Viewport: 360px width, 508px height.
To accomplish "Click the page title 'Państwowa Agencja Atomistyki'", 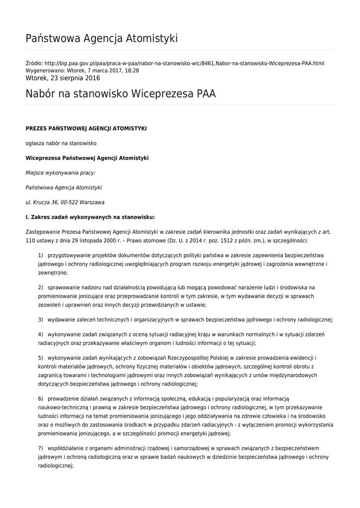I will [x=101, y=38].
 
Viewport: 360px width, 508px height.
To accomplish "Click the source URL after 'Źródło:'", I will [x=184, y=64].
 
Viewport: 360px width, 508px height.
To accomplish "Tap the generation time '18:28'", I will [x=132, y=71].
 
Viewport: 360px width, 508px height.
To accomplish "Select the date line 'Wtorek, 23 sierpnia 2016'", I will [x=63, y=78].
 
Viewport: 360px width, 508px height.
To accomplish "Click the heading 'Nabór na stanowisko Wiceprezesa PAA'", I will [x=121, y=94].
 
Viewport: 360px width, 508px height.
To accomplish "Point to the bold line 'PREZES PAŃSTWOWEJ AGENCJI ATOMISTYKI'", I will [x=86, y=128].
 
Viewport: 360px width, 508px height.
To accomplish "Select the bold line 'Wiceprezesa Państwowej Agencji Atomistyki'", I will [x=87, y=158].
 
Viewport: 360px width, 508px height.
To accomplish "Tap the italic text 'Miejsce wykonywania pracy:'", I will [x=60, y=173].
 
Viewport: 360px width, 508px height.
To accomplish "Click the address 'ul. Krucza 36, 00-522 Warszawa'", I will [x=65, y=202].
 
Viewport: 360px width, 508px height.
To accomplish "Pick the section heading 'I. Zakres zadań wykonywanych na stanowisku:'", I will [x=90, y=217].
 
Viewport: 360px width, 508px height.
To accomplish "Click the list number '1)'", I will [x=41, y=255].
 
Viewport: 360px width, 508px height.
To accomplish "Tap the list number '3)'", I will [x=41, y=319].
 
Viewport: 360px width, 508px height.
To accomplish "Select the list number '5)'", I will [x=41, y=358].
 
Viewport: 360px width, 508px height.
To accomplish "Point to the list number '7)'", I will [x=41, y=448].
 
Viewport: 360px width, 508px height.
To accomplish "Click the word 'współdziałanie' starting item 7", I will [x=66, y=448].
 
